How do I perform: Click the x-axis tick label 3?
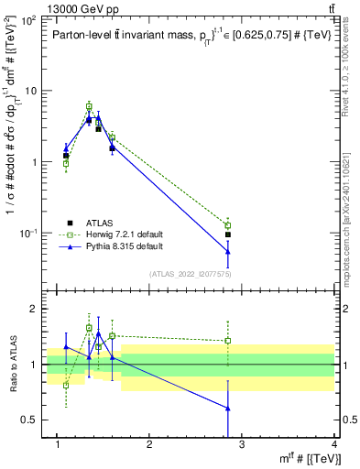coord(242,444)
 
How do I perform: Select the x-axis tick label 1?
coord(57,444)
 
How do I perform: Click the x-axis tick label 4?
coord(334,444)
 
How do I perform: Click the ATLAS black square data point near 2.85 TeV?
coord(227,234)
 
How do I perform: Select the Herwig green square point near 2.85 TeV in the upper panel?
coord(227,225)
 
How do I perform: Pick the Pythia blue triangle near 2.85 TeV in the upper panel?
coord(227,252)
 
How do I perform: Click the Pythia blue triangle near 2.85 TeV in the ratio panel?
coord(227,409)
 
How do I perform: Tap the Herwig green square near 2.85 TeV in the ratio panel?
coord(227,341)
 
